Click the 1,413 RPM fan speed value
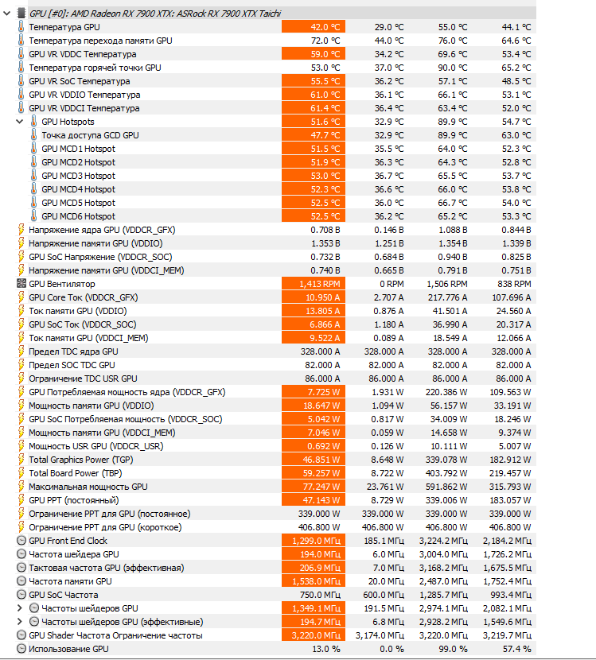click(318, 284)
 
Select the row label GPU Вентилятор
click(62, 284)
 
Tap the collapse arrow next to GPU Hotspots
click(20, 122)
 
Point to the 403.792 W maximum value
click(445, 473)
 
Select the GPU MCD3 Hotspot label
click(78, 176)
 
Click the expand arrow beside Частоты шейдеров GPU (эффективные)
click(20, 622)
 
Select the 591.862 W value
click(445, 487)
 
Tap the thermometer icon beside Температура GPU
click(21, 27)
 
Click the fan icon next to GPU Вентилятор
click(21, 284)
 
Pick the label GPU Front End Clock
click(68, 541)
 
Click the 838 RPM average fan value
click(512, 284)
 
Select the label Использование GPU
click(68, 649)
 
